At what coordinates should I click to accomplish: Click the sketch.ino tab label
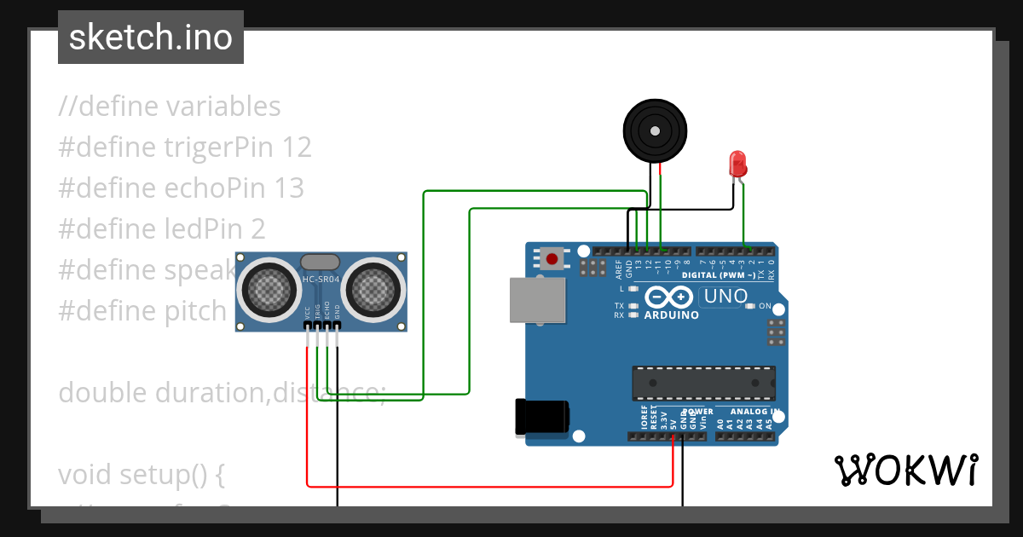[150, 38]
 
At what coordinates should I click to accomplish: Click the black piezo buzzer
[654, 130]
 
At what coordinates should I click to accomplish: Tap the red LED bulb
[737, 164]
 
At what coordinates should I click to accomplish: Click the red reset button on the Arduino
[552, 258]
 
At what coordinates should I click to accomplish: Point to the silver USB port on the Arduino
[536, 300]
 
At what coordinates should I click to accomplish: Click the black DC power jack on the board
[542, 418]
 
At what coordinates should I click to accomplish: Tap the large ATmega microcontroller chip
[703, 383]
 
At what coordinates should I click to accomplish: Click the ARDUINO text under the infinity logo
[672, 315]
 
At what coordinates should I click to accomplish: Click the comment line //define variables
[169, 107]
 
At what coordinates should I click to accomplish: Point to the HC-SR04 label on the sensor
[321, 280]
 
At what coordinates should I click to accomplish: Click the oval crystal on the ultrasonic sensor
[321, 262]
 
